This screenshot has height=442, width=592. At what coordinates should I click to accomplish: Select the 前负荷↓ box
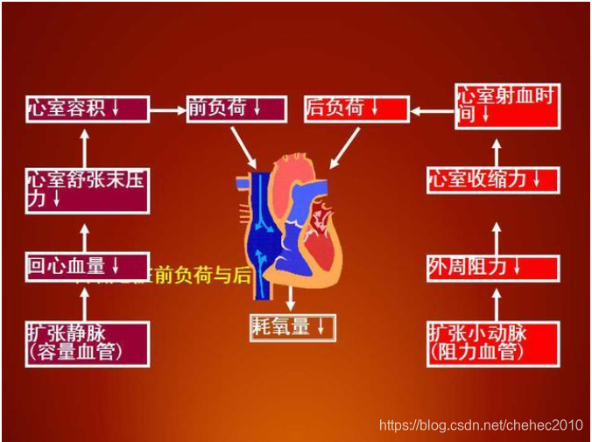(236, 109)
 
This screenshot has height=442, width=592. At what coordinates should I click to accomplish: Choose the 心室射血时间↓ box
(507, 106)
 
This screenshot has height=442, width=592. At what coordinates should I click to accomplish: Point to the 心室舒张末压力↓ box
(86, 189)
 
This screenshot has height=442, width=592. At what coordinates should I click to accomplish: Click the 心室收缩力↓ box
(493, 179)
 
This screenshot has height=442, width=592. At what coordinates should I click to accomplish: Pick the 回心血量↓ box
(86, 266)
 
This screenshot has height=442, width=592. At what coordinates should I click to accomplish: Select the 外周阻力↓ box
(493, 268)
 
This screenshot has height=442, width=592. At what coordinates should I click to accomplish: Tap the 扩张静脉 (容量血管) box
(86, 343)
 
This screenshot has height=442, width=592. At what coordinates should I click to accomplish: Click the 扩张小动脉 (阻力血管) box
(493, 343)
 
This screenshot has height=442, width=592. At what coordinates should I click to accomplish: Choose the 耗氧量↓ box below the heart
(292, 327)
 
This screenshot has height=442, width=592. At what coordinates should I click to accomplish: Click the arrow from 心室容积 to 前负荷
(167, 109)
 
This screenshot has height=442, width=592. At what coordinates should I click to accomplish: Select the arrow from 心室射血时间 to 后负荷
(432, 110)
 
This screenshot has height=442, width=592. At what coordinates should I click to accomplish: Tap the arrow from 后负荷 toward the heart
(345, 147)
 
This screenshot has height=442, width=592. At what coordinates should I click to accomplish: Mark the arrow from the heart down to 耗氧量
(290, 298)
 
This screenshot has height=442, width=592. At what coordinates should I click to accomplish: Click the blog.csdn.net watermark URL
(480, 425)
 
